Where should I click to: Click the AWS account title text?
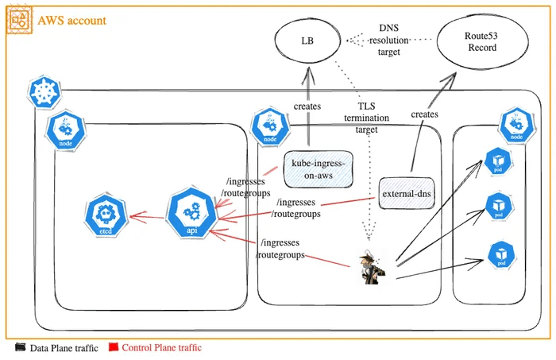[71, 21]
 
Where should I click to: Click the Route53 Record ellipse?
[481, 42]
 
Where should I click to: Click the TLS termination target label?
[366, 116]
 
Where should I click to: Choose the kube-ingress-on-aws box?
[318, 168]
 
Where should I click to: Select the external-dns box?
[407, 192]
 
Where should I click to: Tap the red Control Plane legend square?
[114, 347]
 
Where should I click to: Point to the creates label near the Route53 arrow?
[424, 114]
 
